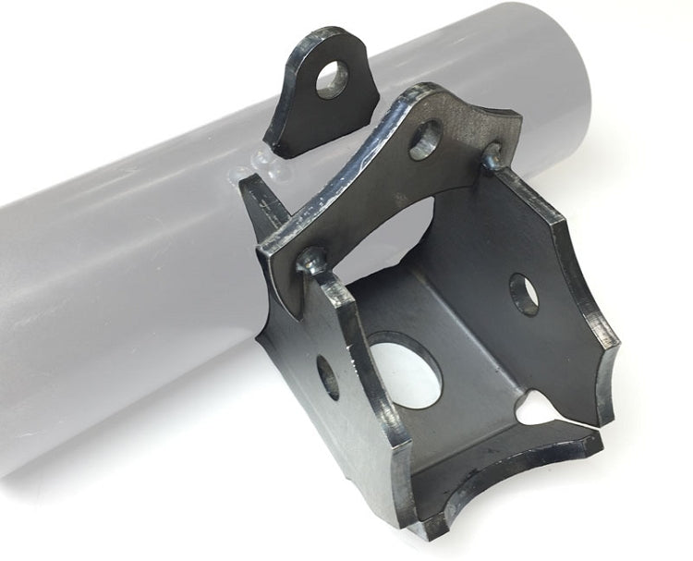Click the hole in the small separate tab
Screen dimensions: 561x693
(x=332, y=80)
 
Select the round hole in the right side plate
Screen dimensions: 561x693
(x=524, y=295)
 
